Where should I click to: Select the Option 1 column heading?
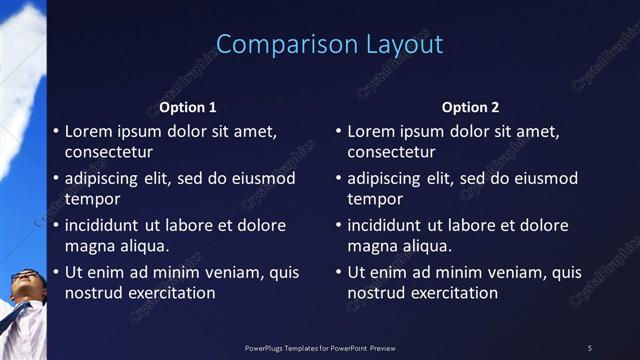188,107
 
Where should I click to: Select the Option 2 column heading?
470,107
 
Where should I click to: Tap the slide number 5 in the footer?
589,347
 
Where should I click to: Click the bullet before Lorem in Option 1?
55,131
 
